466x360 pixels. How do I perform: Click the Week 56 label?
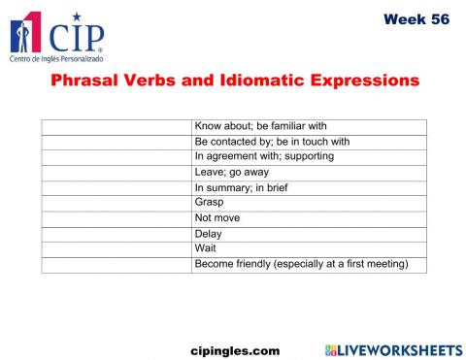(x=416, y=18)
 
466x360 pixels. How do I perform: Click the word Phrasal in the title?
(x=89, y=81)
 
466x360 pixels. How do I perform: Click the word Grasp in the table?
(x=210, y=202)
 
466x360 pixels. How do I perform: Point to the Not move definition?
(x=217, y=217)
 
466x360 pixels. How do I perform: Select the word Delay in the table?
(x=209, y=233)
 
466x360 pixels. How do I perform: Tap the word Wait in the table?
(x=205, y=247)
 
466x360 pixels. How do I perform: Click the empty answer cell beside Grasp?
(x=116, y=202)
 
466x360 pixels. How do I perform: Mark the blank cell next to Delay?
(x=116, y=233)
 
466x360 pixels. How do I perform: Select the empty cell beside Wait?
(x=116, y=247)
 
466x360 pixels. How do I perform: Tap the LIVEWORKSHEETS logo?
(x=393, y=348)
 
